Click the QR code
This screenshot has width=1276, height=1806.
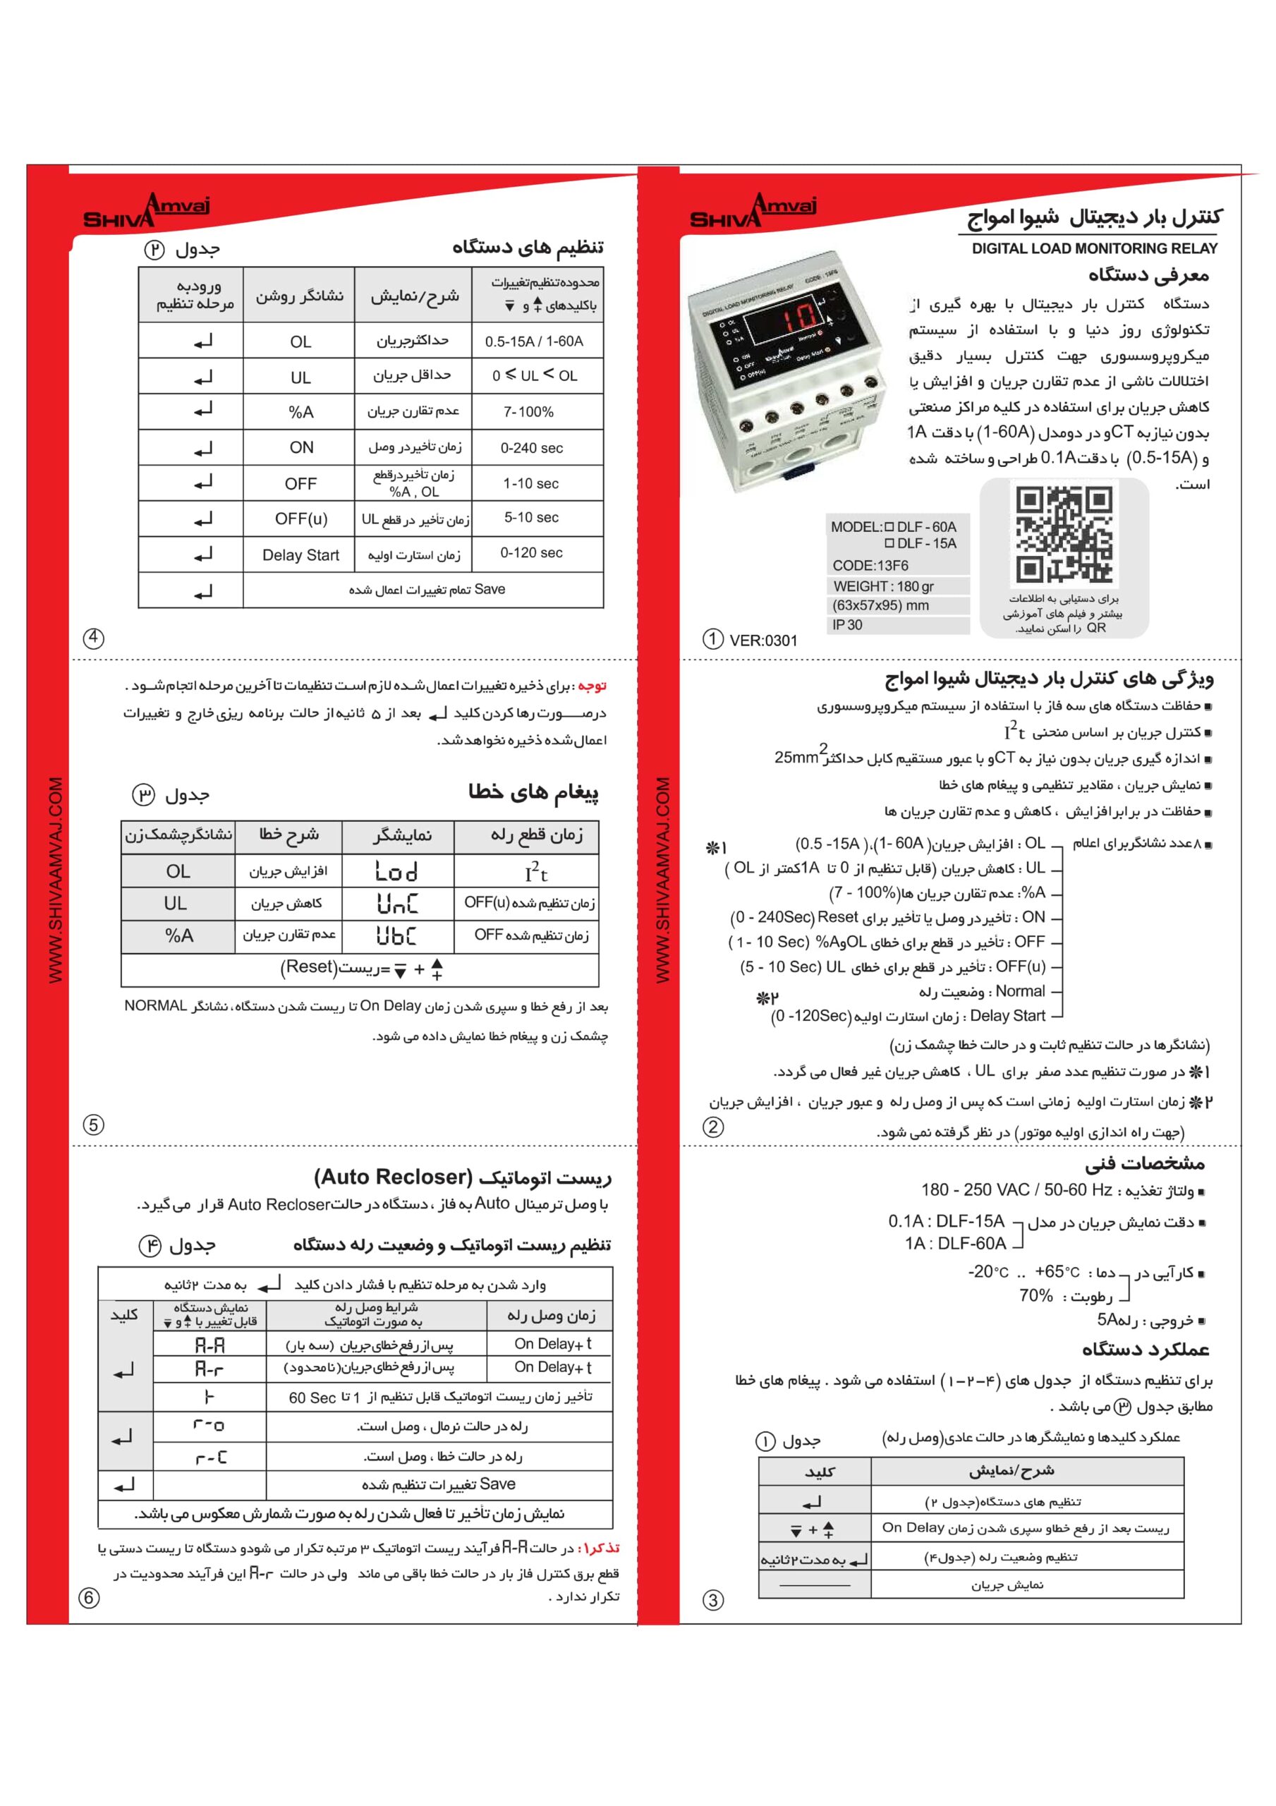click(x=1064, y=534)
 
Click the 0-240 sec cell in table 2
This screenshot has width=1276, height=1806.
click(x=532, y=447)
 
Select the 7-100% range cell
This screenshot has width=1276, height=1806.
click(x=528, y=411)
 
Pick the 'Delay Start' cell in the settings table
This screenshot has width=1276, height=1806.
click(x=300, y=554)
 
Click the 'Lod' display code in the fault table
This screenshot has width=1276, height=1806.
click(x=396, y=871)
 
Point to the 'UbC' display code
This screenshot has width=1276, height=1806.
click(x=396, y=935)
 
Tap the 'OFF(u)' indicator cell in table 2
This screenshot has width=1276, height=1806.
click(x=300, y=519)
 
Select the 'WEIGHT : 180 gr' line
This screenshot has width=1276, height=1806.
click(x=882, y=586)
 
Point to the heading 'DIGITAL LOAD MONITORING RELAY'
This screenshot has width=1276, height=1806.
click(x=1094, y=248)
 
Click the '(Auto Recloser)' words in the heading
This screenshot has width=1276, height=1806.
click(x=394, y=1177)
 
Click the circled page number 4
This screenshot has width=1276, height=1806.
click(x=94, y=638)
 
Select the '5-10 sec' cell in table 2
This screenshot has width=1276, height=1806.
click(x=532, y=518)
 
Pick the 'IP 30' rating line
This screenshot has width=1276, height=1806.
click(x=847, y=624)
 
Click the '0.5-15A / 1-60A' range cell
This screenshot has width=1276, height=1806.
click(x=534, y=341)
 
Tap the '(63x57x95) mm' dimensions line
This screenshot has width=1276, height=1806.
click(x=880, y=606)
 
